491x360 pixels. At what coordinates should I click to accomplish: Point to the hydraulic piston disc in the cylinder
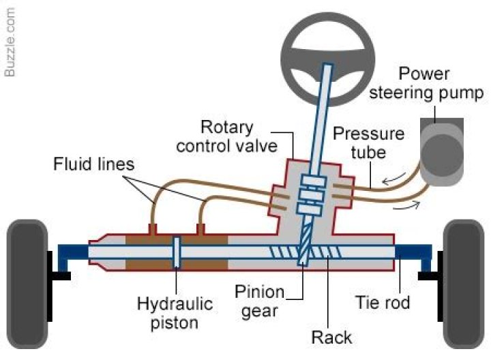[176, 253]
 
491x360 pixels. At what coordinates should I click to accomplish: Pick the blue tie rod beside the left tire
[71, 254]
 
